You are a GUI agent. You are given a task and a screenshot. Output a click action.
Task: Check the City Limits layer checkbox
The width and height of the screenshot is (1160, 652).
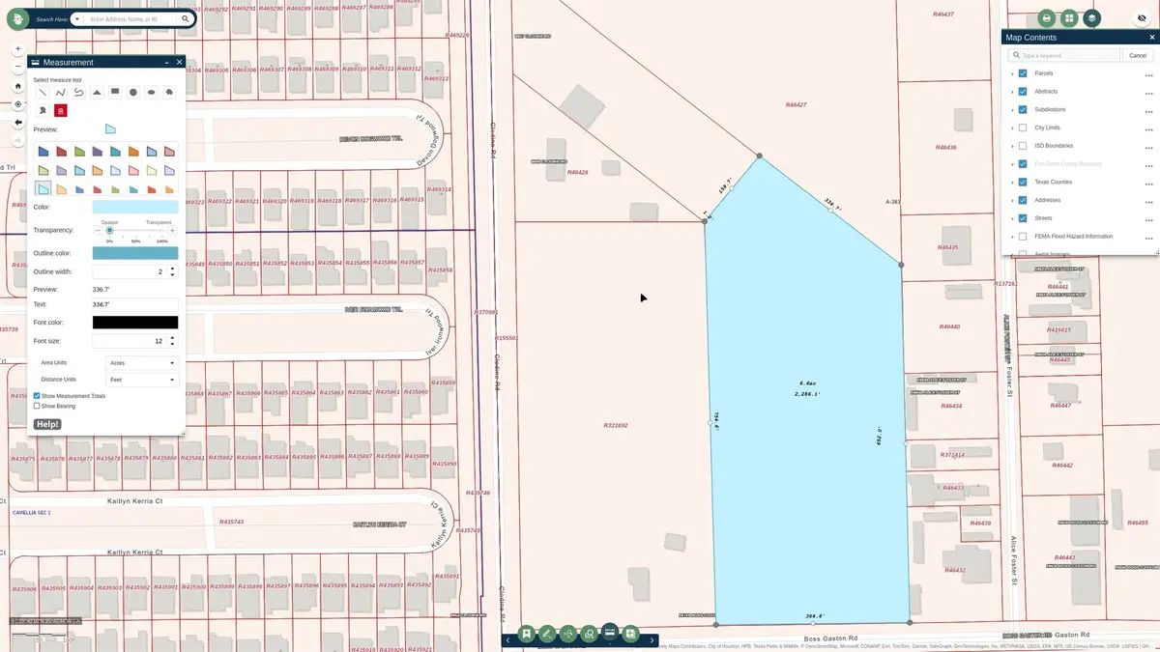pos(1023,128)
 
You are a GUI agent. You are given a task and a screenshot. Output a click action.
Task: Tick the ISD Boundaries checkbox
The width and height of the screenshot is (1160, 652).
pos(1023,146)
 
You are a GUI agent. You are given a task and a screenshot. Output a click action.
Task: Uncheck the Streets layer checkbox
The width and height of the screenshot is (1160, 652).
pos(1023,218)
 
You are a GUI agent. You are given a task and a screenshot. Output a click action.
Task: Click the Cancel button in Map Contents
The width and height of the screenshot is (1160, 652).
pos(1138,56)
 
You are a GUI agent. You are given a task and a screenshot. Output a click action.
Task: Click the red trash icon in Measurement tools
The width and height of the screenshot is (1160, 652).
pos(60,111)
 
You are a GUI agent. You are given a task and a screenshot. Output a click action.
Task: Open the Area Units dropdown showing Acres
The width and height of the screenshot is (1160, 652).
pos(141,363)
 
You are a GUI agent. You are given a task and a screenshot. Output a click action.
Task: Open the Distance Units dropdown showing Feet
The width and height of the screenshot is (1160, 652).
pos(141,380)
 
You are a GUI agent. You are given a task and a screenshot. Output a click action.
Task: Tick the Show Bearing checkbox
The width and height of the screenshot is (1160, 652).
pos(37,406)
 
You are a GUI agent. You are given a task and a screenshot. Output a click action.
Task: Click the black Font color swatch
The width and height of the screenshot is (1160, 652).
pos(134,323)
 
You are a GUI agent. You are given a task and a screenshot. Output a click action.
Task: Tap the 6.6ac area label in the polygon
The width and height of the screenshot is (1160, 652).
pos(807,384)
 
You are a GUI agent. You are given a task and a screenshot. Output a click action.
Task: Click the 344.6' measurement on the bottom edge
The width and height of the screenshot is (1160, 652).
pos(814,615)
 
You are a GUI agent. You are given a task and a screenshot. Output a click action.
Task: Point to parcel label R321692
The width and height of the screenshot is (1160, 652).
pos(616,425)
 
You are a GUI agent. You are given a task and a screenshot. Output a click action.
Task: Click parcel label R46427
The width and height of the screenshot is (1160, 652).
pos(796,104)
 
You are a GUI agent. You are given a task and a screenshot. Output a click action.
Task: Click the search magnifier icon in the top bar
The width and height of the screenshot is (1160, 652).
pos(185,18)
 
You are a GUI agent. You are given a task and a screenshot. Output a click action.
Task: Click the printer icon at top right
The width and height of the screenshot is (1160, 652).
pos(1046,18)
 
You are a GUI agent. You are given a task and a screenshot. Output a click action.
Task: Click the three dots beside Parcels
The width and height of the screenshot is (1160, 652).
pos(1148,74)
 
